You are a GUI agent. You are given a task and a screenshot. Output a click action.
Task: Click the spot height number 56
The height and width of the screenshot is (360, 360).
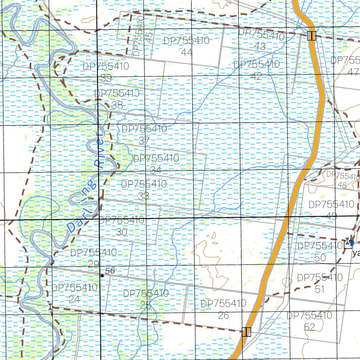click(x=110, y=271)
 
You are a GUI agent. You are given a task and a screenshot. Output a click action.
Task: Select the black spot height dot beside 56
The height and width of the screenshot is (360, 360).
click(x=102, y=276)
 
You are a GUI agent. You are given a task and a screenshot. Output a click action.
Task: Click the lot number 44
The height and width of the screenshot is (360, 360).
click(x=187, y=52)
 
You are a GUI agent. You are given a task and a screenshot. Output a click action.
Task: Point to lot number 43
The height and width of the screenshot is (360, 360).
click(x=261, y=46)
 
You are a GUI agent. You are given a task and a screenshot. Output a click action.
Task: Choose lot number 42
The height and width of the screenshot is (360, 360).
click(x=256, y=76)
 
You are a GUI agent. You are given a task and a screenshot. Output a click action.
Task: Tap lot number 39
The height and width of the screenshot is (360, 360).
click(x=106, y=78)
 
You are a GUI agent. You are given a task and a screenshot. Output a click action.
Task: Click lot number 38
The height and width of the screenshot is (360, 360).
click(x=117, y=105)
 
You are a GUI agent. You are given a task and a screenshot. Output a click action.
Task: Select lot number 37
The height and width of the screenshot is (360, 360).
click(x=144, y=140)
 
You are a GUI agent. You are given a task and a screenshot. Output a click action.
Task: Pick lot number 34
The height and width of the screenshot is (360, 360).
click(x=156, y=170)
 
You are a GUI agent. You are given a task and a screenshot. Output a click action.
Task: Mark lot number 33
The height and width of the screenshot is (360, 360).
click(x=143, y=196)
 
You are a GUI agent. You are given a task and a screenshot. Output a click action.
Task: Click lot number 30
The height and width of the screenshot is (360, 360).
click(x=121, y=232)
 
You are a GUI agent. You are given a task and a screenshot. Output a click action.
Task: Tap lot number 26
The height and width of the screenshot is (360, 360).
click(x=223, y=315)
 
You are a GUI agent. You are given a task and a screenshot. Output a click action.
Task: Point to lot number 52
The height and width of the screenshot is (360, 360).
click(x=309, y=327)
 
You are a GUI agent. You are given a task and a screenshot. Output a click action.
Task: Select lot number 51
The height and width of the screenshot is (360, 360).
click(x=320, y=289)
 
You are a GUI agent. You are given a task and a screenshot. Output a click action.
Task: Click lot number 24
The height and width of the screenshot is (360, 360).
click(x=75, y=299)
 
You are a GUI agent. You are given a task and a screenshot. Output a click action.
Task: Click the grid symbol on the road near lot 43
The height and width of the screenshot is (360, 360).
click(x=311, y=36)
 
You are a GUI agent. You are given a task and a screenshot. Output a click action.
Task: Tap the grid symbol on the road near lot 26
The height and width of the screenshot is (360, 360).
click(x=246, y=332)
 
